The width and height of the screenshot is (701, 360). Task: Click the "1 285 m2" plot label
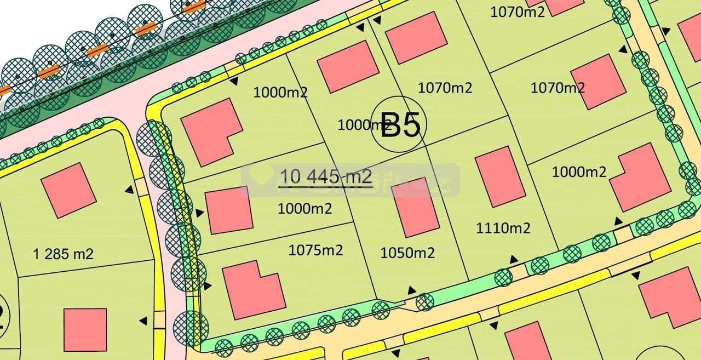pyautogui.click(x=64, y=254)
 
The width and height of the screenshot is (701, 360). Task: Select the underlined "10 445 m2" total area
pyautogui.click(x=326, y=176)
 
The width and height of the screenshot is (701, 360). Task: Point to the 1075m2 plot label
pyautogui.click(x=315, y=250)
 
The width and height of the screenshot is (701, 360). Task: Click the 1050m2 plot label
pyautogui.click(x=407, y=253)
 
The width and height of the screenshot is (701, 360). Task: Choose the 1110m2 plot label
pyautogui.click(x=503, y=228)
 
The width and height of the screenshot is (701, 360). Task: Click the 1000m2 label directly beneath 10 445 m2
pyautogui.click(x=304, y=208)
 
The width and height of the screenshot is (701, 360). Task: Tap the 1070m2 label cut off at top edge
pyautogui.click(x=518, y=12)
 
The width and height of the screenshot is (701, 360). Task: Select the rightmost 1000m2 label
pyautogui.click(x=579, y=172)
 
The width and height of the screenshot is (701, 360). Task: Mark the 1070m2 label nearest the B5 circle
pyautogui.click(x=445, y=87)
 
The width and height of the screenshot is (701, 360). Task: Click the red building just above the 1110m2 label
pyautogui.click(x=500, y=176)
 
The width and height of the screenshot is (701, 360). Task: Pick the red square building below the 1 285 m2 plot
pyautogui.click(x=85, y=330)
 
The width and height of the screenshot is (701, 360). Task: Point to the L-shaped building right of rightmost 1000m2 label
pyautogui.click(x=640, y=176)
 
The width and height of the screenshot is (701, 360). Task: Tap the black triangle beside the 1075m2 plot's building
pyautogui.click(x=209, y=285)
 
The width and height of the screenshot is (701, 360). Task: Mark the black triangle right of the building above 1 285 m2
pyautogui.click(x=129, y=190)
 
